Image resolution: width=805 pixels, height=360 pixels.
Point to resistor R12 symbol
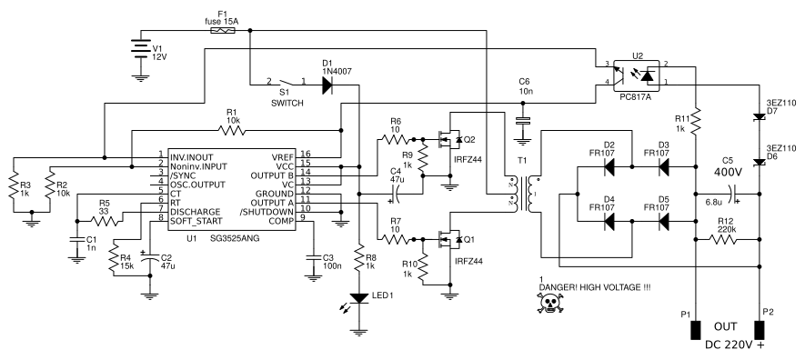(725, 239)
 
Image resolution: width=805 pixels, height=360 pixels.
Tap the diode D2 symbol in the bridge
(609, 166)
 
